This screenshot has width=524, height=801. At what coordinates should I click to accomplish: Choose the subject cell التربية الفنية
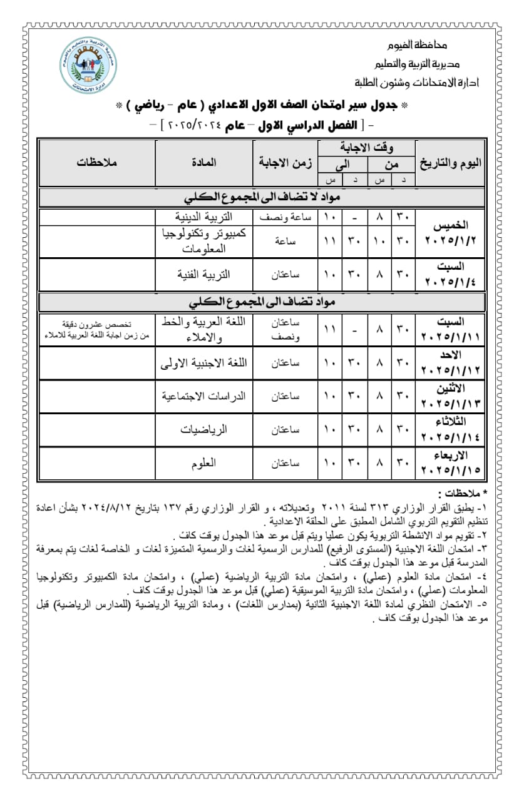204,273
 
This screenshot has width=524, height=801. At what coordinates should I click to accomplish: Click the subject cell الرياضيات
204,430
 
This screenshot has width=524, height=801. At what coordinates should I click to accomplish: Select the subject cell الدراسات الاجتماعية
204,396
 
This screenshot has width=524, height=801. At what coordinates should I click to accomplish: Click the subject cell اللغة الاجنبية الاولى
204,362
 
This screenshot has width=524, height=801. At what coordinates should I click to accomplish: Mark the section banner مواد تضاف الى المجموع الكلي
262,301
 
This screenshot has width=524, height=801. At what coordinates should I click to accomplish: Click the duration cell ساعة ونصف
285,217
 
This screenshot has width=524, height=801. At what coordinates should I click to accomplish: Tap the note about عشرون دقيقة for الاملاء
97,330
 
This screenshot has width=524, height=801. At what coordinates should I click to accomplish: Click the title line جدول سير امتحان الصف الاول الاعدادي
262,105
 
